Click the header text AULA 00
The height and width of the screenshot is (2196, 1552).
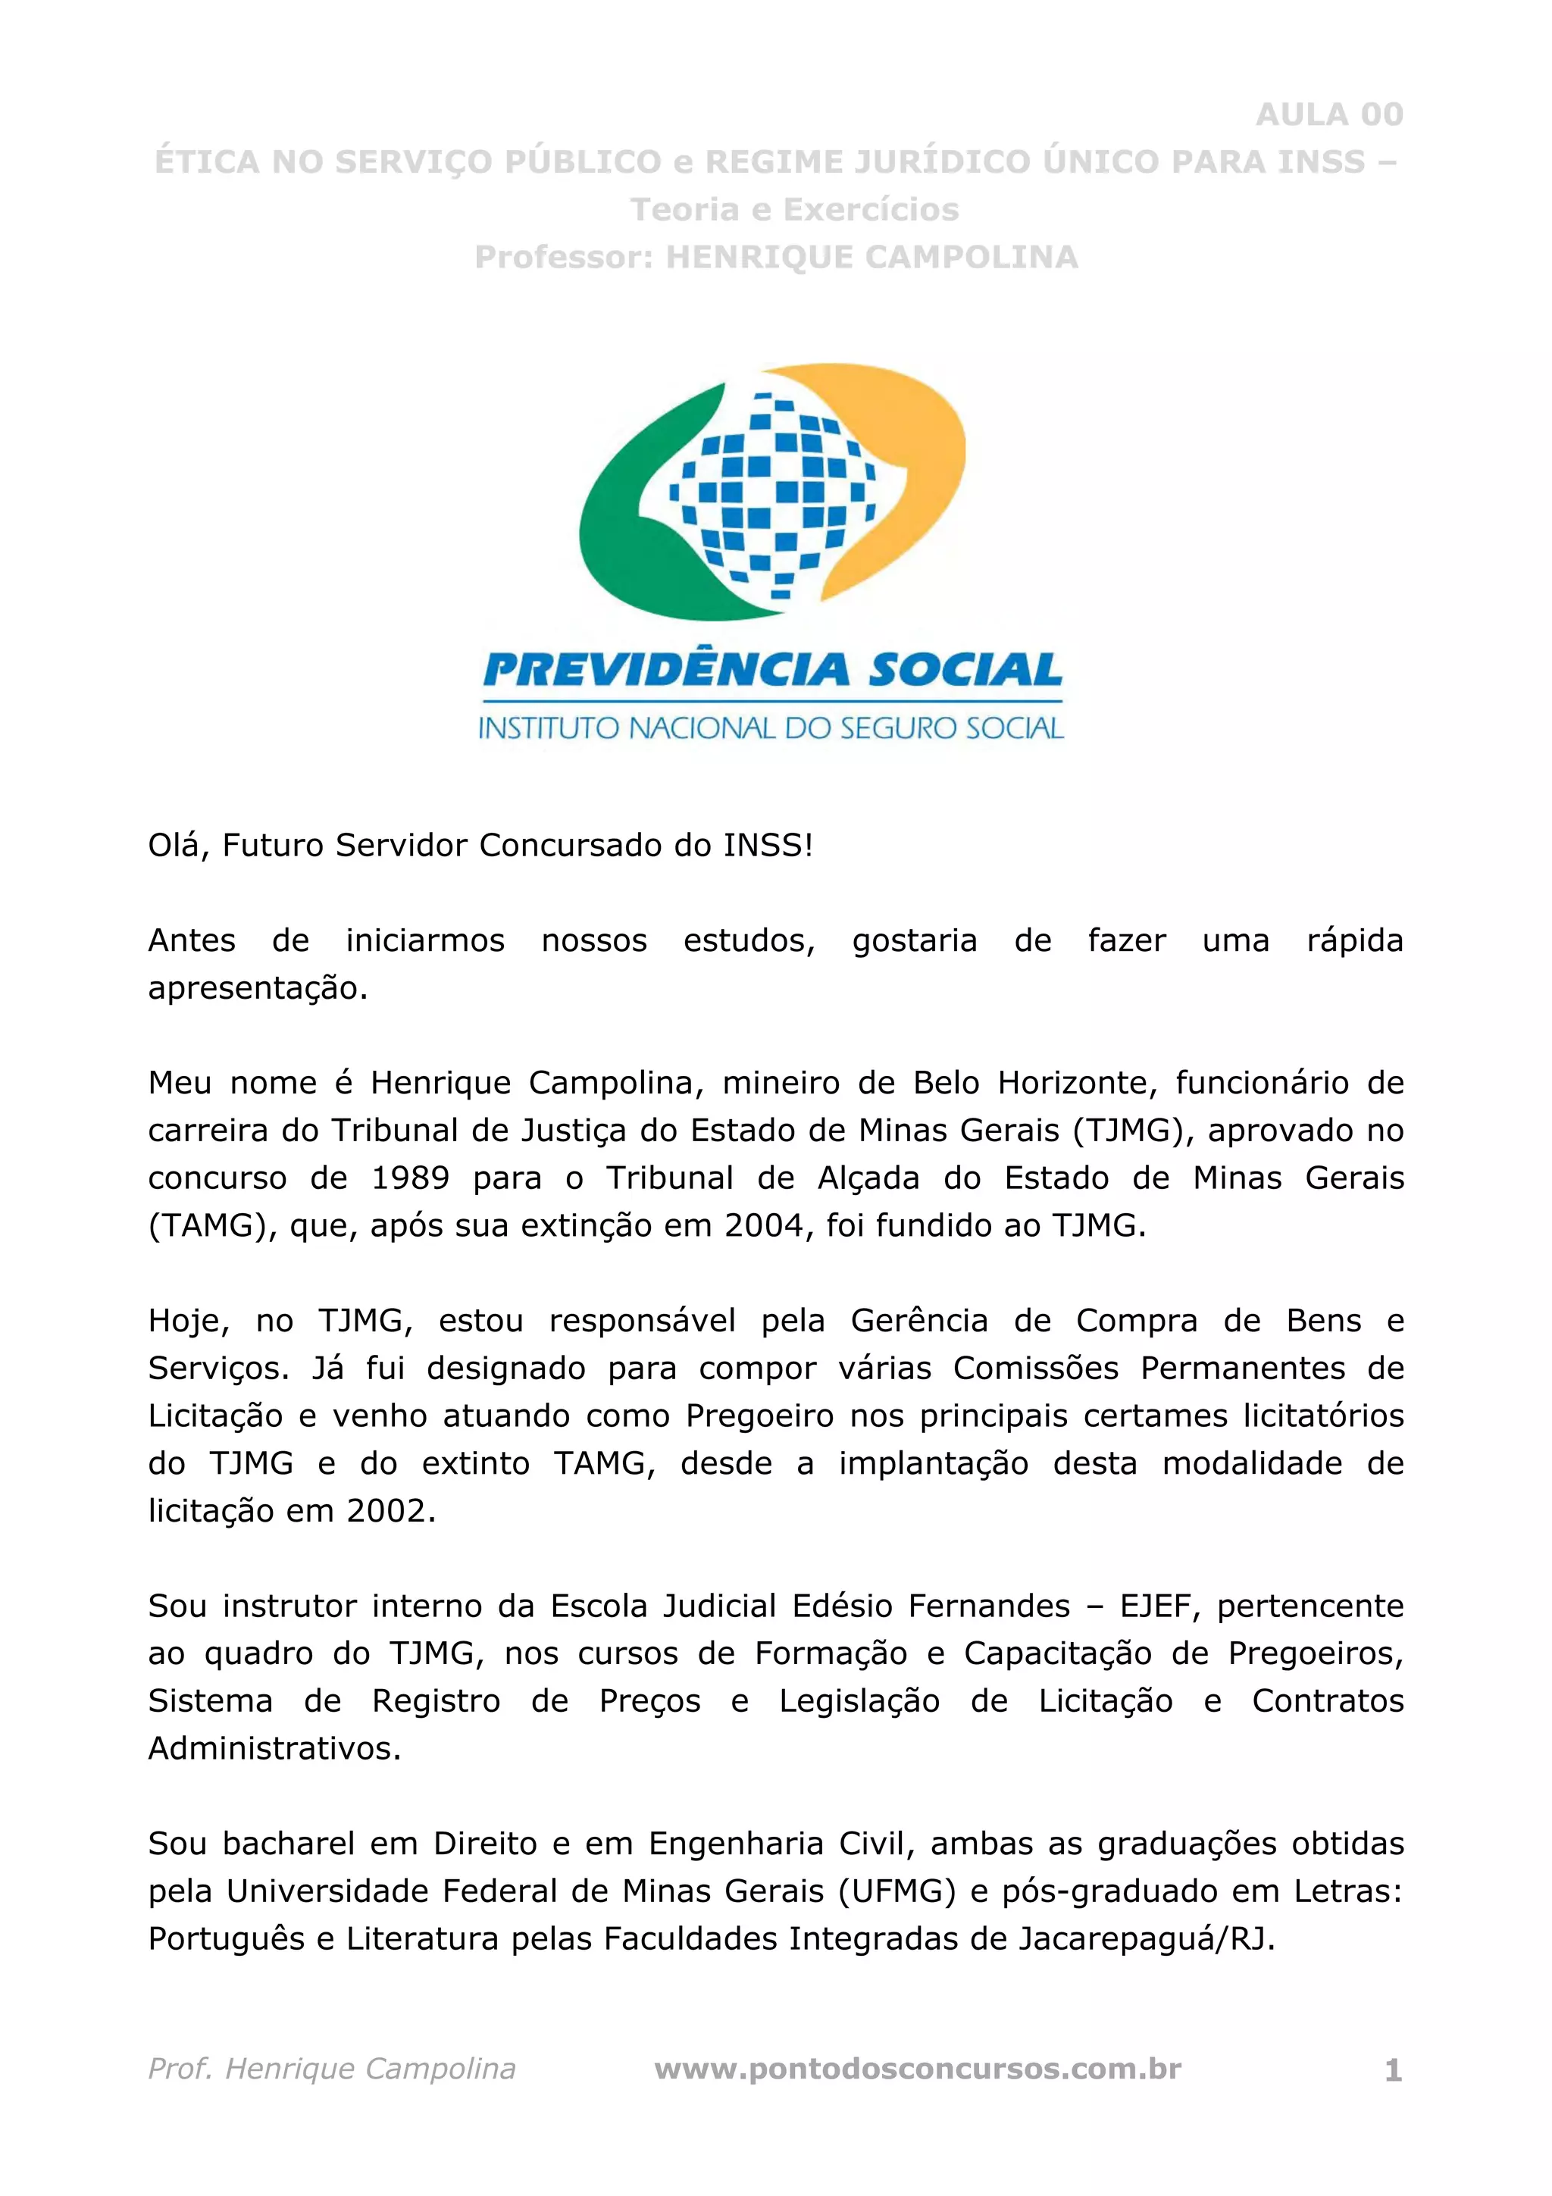(x=1328, y=114)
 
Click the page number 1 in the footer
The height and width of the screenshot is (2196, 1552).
(x=1394, y=2071)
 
